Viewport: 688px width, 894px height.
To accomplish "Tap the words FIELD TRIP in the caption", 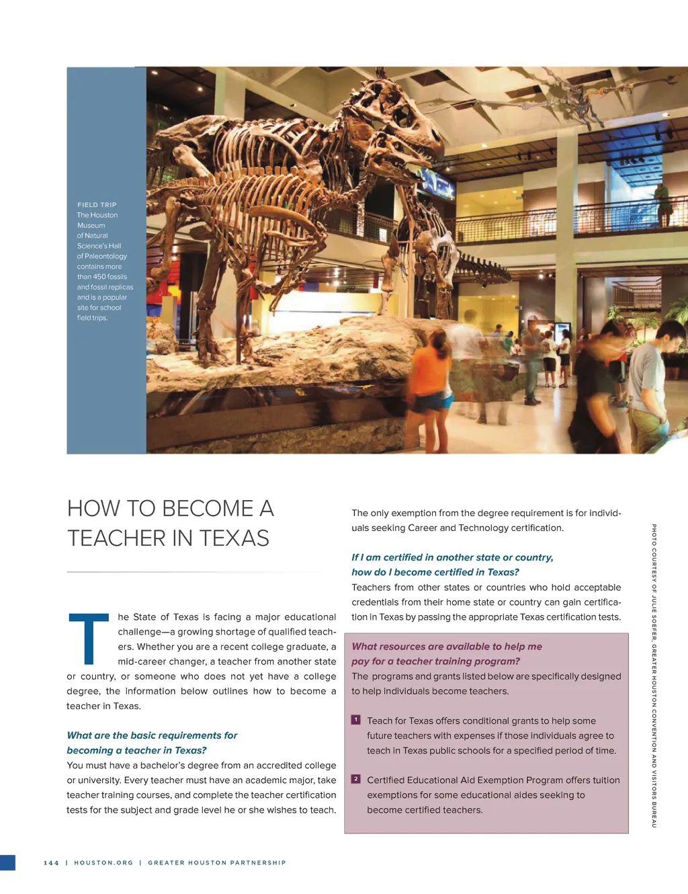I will tap(97, 205).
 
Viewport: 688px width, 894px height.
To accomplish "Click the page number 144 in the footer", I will tap(51, 862).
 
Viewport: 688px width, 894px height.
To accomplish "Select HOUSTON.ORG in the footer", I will tap(103, 862).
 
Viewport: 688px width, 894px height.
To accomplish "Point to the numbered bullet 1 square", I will tap(356, 720).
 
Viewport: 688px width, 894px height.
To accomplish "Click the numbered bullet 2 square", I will tap(356, 779).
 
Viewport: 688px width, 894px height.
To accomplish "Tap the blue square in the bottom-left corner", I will tap(7, 863).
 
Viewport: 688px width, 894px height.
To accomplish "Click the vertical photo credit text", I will tap(654, 676).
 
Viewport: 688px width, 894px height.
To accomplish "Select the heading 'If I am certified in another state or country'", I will tap(452, 557).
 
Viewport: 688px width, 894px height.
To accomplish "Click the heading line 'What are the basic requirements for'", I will tap(152, 735).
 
